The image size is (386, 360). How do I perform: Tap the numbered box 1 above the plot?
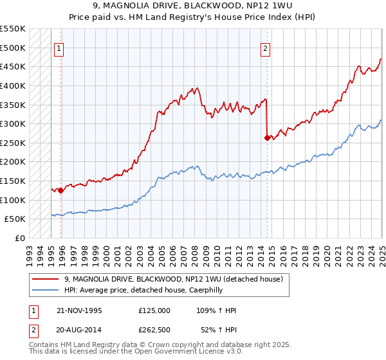59,47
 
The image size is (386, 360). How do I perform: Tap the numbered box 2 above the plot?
266,47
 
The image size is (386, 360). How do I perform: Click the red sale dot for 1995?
60,190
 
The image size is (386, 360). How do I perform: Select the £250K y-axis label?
13,143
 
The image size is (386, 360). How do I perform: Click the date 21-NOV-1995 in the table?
79,310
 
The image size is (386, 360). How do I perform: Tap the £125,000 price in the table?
154,310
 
